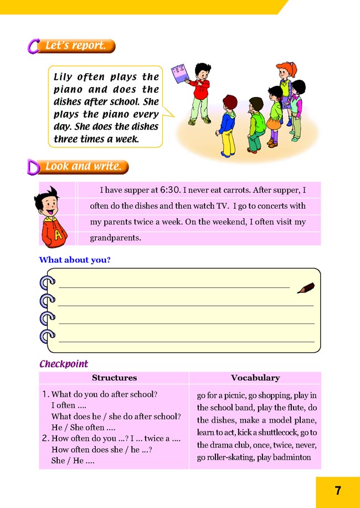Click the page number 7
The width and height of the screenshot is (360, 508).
pyautogui.click(x=338, y=490)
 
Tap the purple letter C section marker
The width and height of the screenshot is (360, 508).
pyautogui.click(x=33, y=46)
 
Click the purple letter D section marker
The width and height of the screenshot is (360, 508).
pyautogui.click(x=33, y=167)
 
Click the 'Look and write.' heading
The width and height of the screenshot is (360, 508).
pyautogui.click(x=83, y=166)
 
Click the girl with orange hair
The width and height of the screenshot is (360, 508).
pyautogui.click(x=285, y=83)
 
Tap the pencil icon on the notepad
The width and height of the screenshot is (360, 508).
pyautogui.click(x=305, y=288)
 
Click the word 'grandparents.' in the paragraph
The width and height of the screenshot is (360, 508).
pyautogui.click(x=116, y=239)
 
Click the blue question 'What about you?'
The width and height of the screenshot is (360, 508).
pyautogui.click(x=75, y=260)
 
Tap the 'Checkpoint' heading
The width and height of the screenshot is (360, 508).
pyautogui.click(x=64, y=364)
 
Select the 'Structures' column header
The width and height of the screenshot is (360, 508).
pyautogui.click(x=114, y=378)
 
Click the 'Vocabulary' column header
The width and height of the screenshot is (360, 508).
pyautogui.click(x=255, y=378)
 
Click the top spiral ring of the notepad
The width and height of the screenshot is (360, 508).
pyautogui.click(x=48, y=283)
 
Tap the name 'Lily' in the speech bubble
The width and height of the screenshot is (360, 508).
pyautogui.click(x=63, y=77)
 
